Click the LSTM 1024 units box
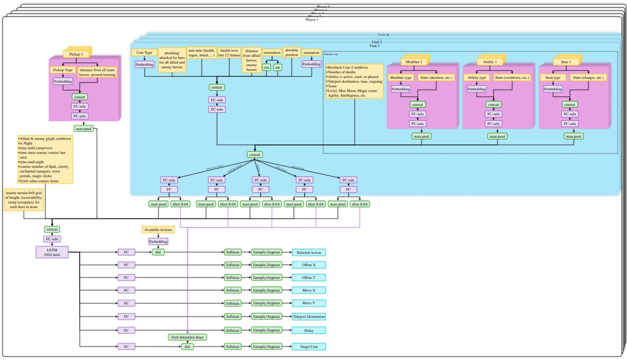(52, 252)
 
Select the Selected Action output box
(309, 252)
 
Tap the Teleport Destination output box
(309, 316)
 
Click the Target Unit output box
(309, 346)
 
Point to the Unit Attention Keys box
(187, 337)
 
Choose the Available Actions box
(158, 230)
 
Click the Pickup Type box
(63, 70)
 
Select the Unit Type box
(144, 53)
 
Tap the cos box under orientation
(266, 67)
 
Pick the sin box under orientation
(277, 67)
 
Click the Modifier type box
(401, 78)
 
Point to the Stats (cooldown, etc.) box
(512, 78)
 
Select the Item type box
(552, 78)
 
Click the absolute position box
(291, 52)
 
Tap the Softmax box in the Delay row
(232, 330)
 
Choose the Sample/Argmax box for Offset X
(266, 265)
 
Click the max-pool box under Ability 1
(497, 136)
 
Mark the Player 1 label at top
(312, 19)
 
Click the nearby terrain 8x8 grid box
(24, 199)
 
